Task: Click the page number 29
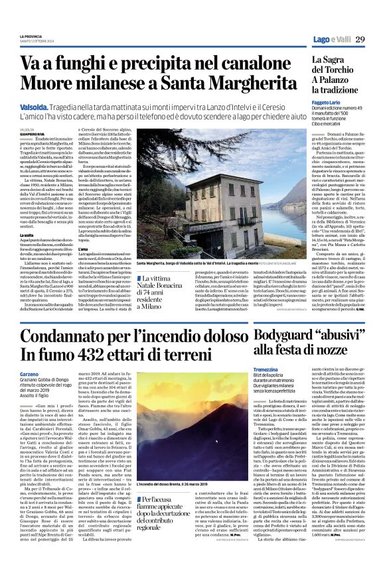(x=360, y=40)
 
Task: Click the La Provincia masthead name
(x=31, y=36)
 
